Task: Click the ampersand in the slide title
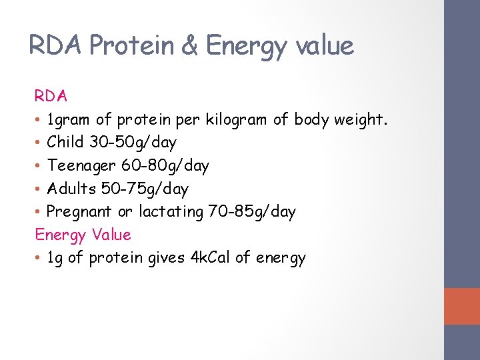pos(190,46)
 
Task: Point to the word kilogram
pos(237,119)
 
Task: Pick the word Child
pos(65,142)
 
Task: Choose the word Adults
pos(71,189)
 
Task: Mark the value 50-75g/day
pos(145,189)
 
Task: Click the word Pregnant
pos(80,212)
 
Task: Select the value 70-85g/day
pos(251,212)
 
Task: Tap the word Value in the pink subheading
pos(111,235)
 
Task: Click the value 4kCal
pos(209,258)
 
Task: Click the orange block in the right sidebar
pos(462,306)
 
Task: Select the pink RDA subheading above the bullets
pos(51,96)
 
